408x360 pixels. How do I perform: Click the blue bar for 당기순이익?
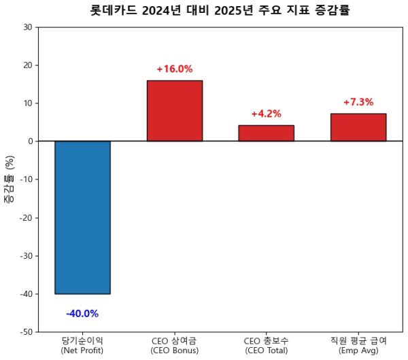coord(82,217)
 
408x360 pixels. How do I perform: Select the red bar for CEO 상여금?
coord(174,111)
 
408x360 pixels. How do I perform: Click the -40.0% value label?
coord(82,314)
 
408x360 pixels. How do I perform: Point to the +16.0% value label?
coord(174,69)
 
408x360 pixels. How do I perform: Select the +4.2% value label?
coord(266,114)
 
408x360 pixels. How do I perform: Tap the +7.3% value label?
coord(358,103)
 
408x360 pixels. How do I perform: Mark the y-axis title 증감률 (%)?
coord(10,180)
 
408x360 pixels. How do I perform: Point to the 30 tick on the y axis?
coord(28,27)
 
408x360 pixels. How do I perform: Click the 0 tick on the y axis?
coord(31,141)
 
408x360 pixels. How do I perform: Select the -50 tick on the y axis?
coord(26,332)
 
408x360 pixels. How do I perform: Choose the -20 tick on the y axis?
coord(26,218)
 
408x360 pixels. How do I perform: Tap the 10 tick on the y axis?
coord(28,103)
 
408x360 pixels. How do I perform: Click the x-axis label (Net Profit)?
coord(82,351)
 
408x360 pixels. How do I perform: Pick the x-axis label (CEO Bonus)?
coord(174,351)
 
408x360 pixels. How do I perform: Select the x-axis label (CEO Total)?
coord(266,351)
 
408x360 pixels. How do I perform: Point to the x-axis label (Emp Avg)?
coord(358,351)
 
